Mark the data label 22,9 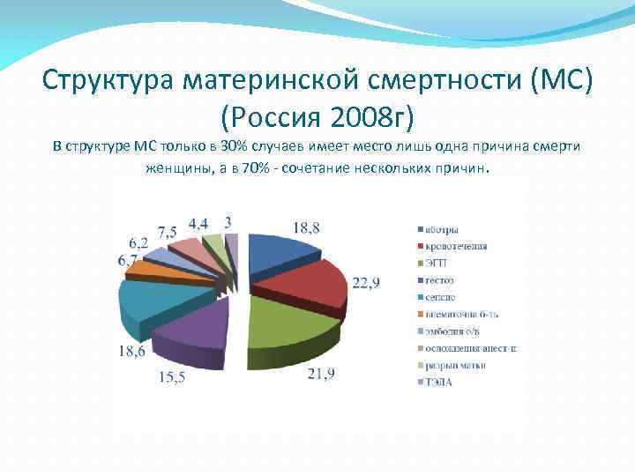pos(370,281)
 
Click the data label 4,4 pos(198,221)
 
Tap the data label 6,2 pos(138,242)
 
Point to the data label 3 pos(228,220)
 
